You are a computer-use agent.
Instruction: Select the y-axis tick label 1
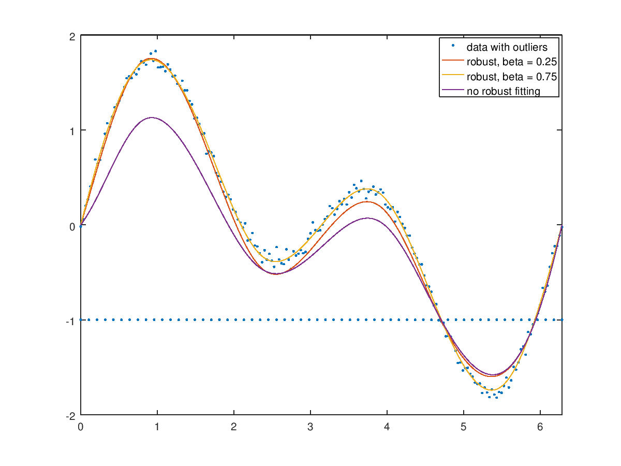pos(73,131)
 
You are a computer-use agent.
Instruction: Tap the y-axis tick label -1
pos(71,321)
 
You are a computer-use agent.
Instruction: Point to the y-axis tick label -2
pos(71,415)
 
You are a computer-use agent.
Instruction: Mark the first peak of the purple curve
pos(152,118)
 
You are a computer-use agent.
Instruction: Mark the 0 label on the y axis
pos(73,226)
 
